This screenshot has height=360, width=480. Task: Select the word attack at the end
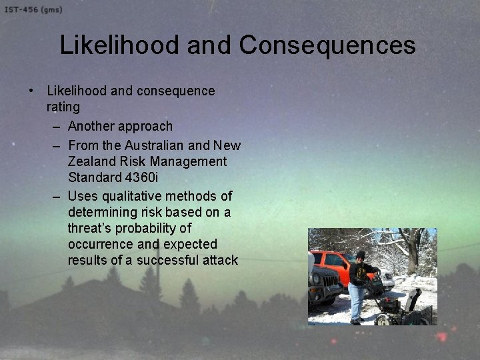coord(217,260)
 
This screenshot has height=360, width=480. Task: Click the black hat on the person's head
coord(360,254)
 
